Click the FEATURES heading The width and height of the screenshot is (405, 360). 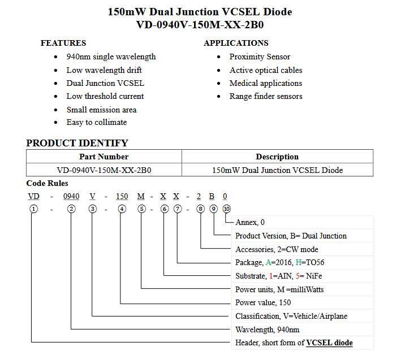point(63,43)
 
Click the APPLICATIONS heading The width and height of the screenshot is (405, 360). point(236,43)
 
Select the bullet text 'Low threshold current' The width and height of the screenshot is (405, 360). point(105,96)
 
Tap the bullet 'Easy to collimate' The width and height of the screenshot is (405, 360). point(97,122)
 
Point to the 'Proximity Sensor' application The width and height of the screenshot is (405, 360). point(260,57)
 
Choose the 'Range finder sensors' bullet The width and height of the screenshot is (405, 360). point(266,96)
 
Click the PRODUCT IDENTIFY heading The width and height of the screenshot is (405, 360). point(77,143)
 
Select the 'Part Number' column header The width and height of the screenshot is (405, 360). point(104,157)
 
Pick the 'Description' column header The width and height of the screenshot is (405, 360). point(277,157)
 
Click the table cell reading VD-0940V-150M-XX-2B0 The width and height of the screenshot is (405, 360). point(104,170)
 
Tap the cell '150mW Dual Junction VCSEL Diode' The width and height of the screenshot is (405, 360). point(277,170)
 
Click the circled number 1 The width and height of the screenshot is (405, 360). point(34,209)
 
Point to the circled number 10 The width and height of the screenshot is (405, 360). point(227,209)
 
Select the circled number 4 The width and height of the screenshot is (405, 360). point(122,209)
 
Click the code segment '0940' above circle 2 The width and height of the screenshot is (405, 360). point(71,197)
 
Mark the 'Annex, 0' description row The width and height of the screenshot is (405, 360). point(250,222)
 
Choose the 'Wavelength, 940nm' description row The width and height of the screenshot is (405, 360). point(268,329)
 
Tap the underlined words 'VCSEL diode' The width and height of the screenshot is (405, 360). point(329,343)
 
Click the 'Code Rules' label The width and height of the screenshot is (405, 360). point(47,183)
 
